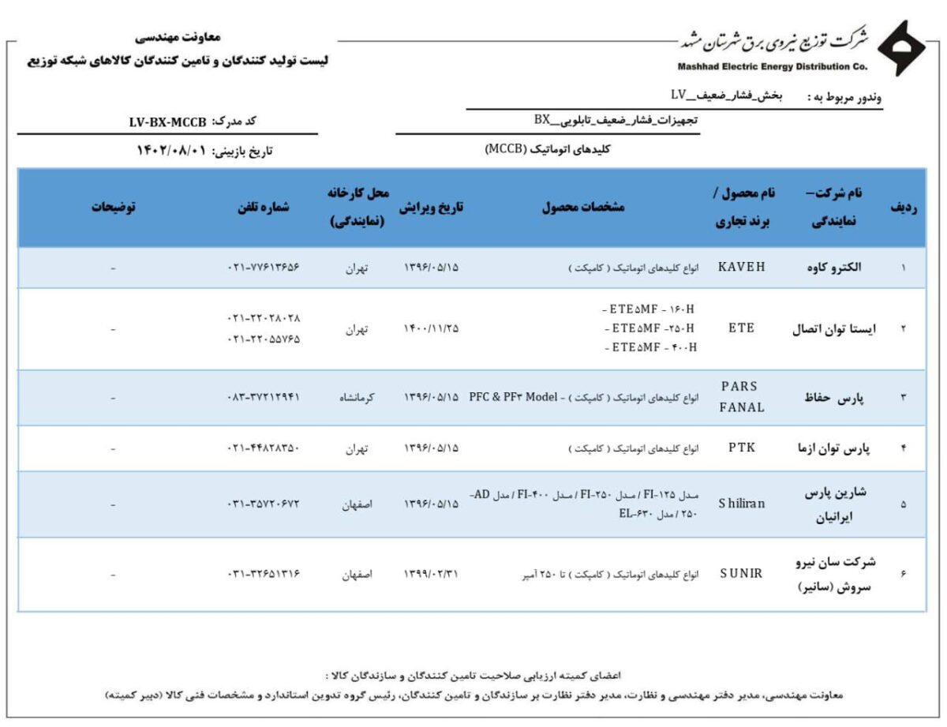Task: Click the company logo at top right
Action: coord(902,50)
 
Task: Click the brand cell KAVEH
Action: coord(741,267)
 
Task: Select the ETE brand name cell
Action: coord(741,328)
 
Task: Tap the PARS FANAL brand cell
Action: coord(741,397)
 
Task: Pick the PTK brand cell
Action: coord(741,448)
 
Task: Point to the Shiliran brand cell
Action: coord(741,504)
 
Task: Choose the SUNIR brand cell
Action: coord(741,574)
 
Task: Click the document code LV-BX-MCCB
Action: coord(167,122)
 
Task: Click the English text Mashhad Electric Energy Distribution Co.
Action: coord(772,66)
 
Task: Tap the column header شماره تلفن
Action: coord(263,207)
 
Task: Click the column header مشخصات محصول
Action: coord(583,207)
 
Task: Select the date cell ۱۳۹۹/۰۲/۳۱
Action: coord(431,574)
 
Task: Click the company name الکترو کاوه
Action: coord(837,267)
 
